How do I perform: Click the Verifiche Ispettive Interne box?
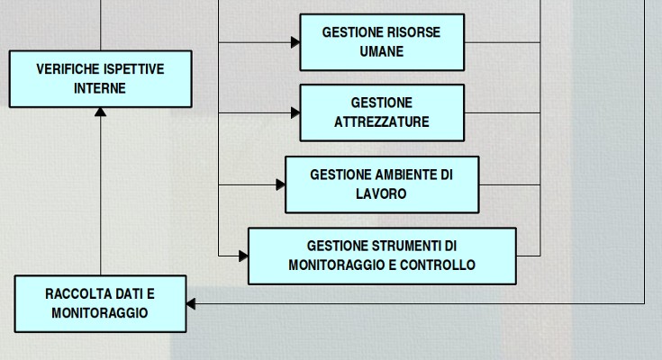click(100, 79)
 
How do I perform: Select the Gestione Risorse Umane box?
click(382, 42)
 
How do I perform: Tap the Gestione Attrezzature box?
click(382, 112)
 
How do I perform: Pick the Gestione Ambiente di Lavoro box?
click(382, 184)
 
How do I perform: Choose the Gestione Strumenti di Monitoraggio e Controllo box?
click(382, 256)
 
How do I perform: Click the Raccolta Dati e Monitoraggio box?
click(100, 303)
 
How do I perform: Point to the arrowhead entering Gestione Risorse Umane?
click(295, 42)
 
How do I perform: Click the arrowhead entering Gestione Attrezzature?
click(295, 112)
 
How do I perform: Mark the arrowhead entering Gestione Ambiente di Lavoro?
click(280, 184)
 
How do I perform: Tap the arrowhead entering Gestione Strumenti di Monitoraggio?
click(243, 256)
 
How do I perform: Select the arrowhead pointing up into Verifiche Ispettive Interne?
click(100, 112)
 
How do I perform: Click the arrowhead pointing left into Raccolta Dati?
click(191, 304)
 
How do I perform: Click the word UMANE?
click(382, 52)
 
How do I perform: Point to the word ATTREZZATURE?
click(382, 122)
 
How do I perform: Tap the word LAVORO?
click(382, 193)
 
